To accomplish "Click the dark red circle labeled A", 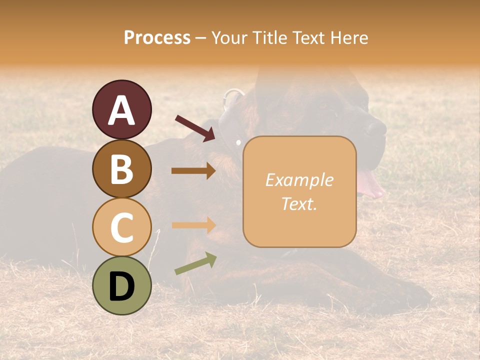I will [x=121, y=110].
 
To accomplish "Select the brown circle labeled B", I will [x=121, y=169].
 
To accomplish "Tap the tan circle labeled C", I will [x=121, y=227].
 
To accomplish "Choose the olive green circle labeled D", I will [x=121, y=286].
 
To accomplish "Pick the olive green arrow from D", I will [x=195, y=263].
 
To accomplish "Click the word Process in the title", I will [x=157, y=37].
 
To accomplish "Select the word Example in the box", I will [x=299, y=180].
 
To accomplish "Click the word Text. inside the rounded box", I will [x=299, y=203].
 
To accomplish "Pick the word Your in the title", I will [x=229, y=37].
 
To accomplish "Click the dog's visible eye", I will [x=323, y=106].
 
